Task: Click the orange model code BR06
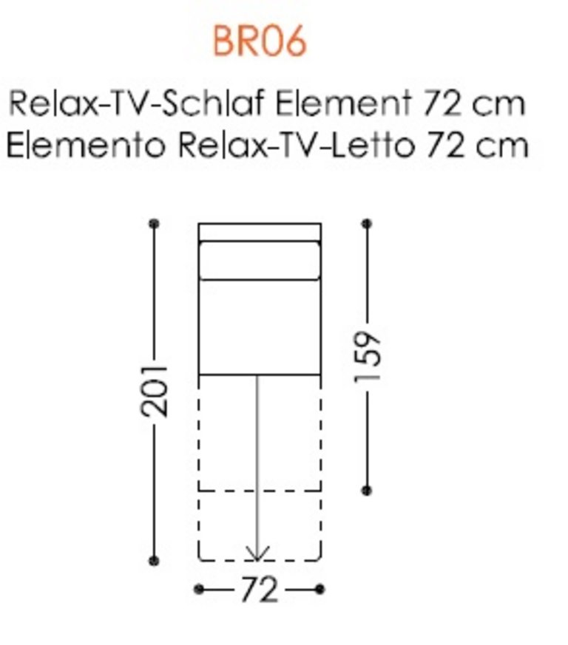click(260, 41)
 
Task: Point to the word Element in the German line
click(343, 103)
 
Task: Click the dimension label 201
click(154, 391)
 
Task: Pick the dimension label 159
click(367, 356)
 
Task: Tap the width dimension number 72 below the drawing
click(259, 590)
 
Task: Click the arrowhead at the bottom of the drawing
click(257, 553)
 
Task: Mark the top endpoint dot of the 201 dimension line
click(154, 224)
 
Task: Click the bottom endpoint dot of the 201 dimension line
click(154, 561)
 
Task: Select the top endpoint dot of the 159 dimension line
click(367, 224)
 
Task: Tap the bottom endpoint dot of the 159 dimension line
click(367, 490)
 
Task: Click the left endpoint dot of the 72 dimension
click(199, 590)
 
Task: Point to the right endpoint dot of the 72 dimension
click(319, 590)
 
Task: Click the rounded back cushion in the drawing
click(260, 260)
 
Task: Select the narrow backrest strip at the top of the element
click(260, 232)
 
